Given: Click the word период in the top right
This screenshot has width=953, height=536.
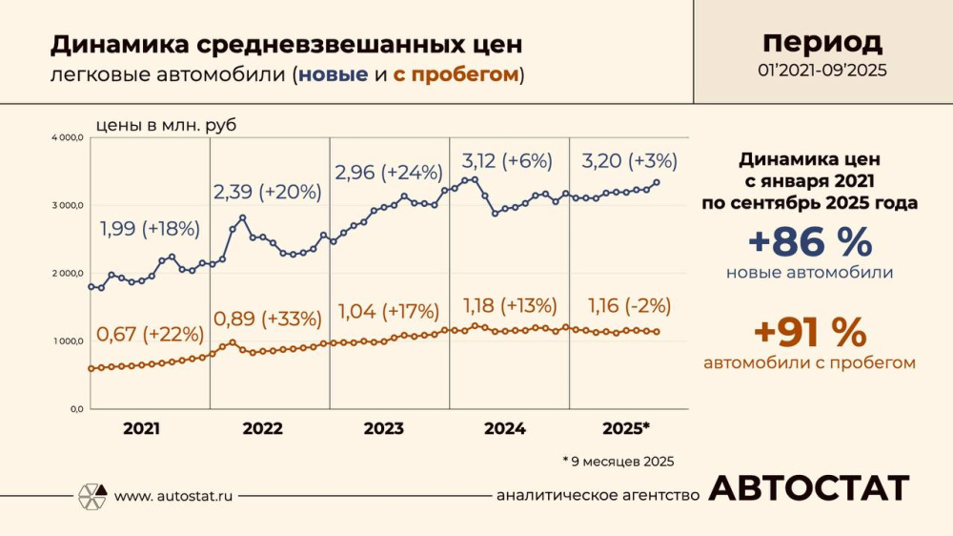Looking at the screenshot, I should coord(821,42).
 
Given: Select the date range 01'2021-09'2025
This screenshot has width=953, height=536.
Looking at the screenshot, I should coord(821,71).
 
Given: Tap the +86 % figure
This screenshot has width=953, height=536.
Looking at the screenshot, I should coord(809,242).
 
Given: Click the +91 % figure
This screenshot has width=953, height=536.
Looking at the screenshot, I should coord(809,333).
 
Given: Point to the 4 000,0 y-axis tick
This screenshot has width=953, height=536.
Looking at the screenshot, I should coord(68,138).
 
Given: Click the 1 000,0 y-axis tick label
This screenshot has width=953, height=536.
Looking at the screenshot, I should coord(68,341).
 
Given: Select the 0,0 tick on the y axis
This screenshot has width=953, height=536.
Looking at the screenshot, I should coord(75,409).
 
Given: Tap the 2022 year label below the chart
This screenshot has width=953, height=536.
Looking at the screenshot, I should coord(262,429).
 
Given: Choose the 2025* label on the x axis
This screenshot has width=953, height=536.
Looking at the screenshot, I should coord(626,429).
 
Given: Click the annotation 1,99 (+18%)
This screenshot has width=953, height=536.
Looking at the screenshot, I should coord(150,229).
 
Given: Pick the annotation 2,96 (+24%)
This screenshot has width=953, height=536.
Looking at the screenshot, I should coord(389,173).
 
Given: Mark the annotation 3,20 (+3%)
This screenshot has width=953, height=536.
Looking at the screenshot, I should coord(630,160).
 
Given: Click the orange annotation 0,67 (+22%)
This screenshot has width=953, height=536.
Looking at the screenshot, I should coord(150,335).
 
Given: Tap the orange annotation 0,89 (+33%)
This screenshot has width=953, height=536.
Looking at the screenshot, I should coord(267,319).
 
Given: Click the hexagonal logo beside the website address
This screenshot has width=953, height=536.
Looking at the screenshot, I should coord(91,496).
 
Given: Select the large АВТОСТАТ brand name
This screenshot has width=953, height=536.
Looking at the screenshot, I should coord(808,488).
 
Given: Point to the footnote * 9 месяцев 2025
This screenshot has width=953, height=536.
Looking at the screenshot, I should coord(618,461).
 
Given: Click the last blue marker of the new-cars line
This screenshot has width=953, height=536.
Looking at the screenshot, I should coord(657,182).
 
